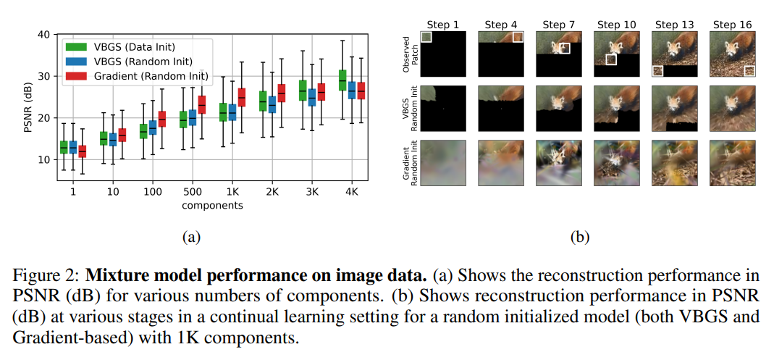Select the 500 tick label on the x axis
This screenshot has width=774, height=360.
pos(193,192)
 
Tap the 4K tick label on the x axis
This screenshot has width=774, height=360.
pos(350,192)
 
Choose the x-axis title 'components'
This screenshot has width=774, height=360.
pos(212,205)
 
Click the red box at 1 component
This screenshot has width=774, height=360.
pos(81,151)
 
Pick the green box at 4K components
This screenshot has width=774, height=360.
pos(342,80)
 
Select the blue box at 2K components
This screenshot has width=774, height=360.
pos(272,104)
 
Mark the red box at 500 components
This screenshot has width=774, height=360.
pos(202,104)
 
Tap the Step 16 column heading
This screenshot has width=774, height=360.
pos(733,25)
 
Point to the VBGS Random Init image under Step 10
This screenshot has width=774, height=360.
pos(617,109)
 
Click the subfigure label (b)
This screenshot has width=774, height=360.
pos(580,236)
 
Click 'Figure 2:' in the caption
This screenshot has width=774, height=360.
pos(43,275)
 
